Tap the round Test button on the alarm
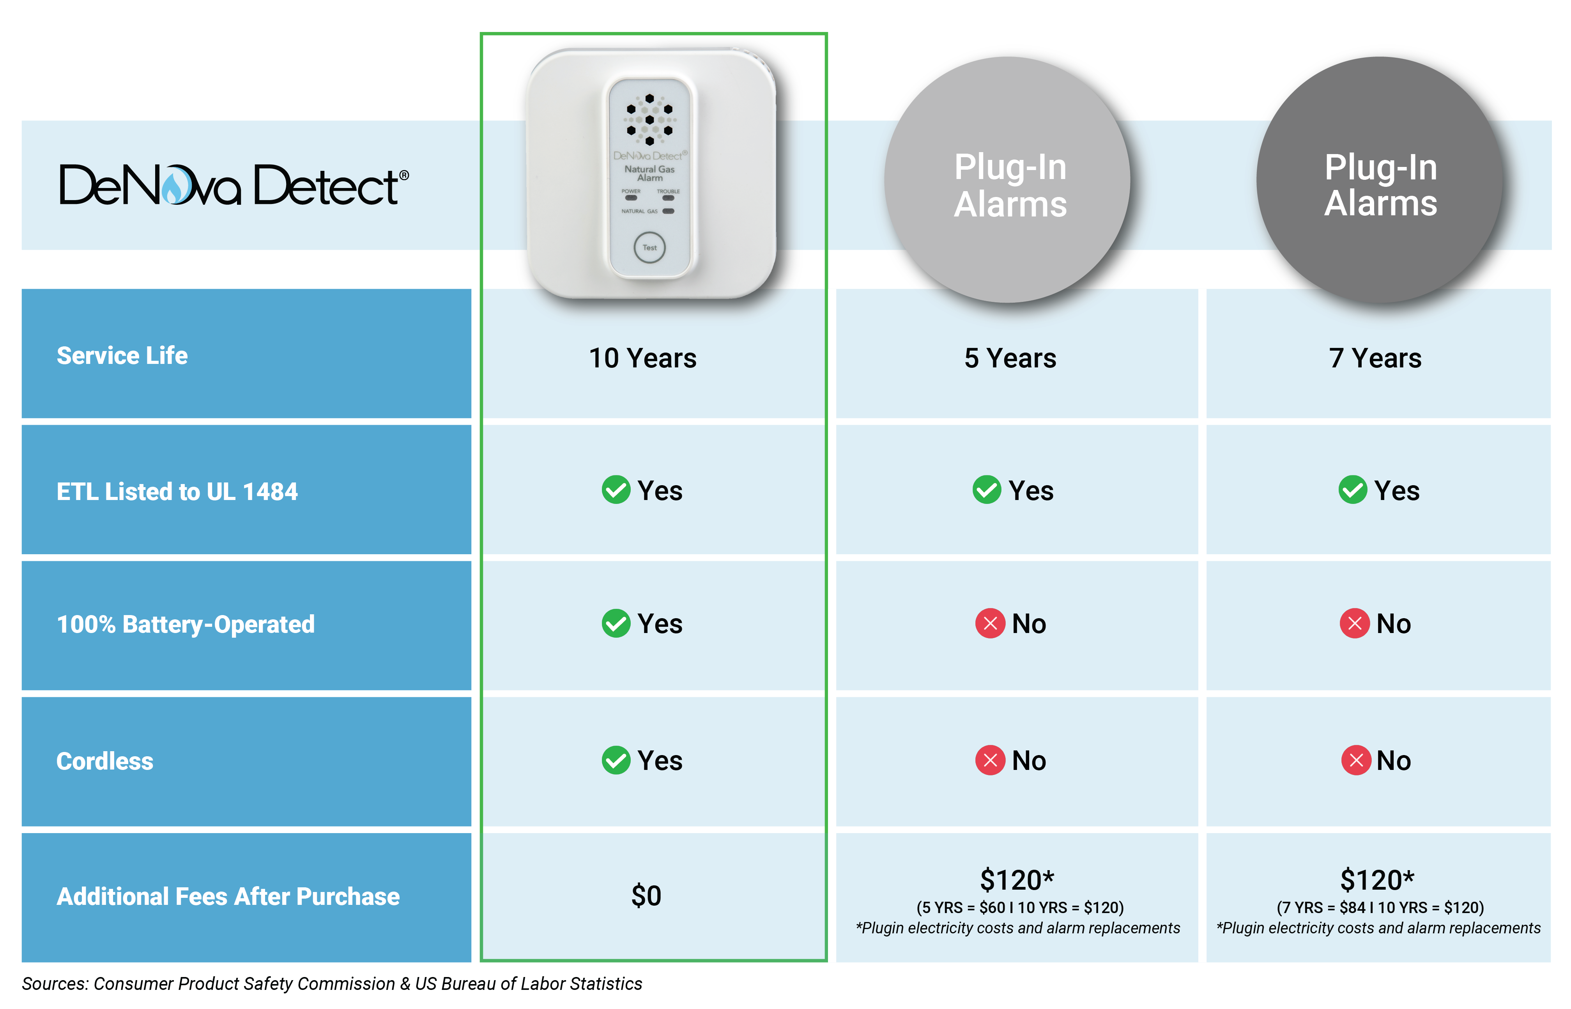tap(649, 248)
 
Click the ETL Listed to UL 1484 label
tap(177, 491)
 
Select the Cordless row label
tap(105, 761)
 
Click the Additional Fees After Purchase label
tap(228, 896)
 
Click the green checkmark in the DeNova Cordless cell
tap(616, 760)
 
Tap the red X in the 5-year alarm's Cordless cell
tap(990, 760)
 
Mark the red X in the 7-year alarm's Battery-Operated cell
tap(1354, 623)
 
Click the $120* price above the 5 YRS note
tap(1017, 879)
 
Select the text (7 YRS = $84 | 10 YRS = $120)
tap(1380, 908)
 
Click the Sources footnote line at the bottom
tap(332, 983)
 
